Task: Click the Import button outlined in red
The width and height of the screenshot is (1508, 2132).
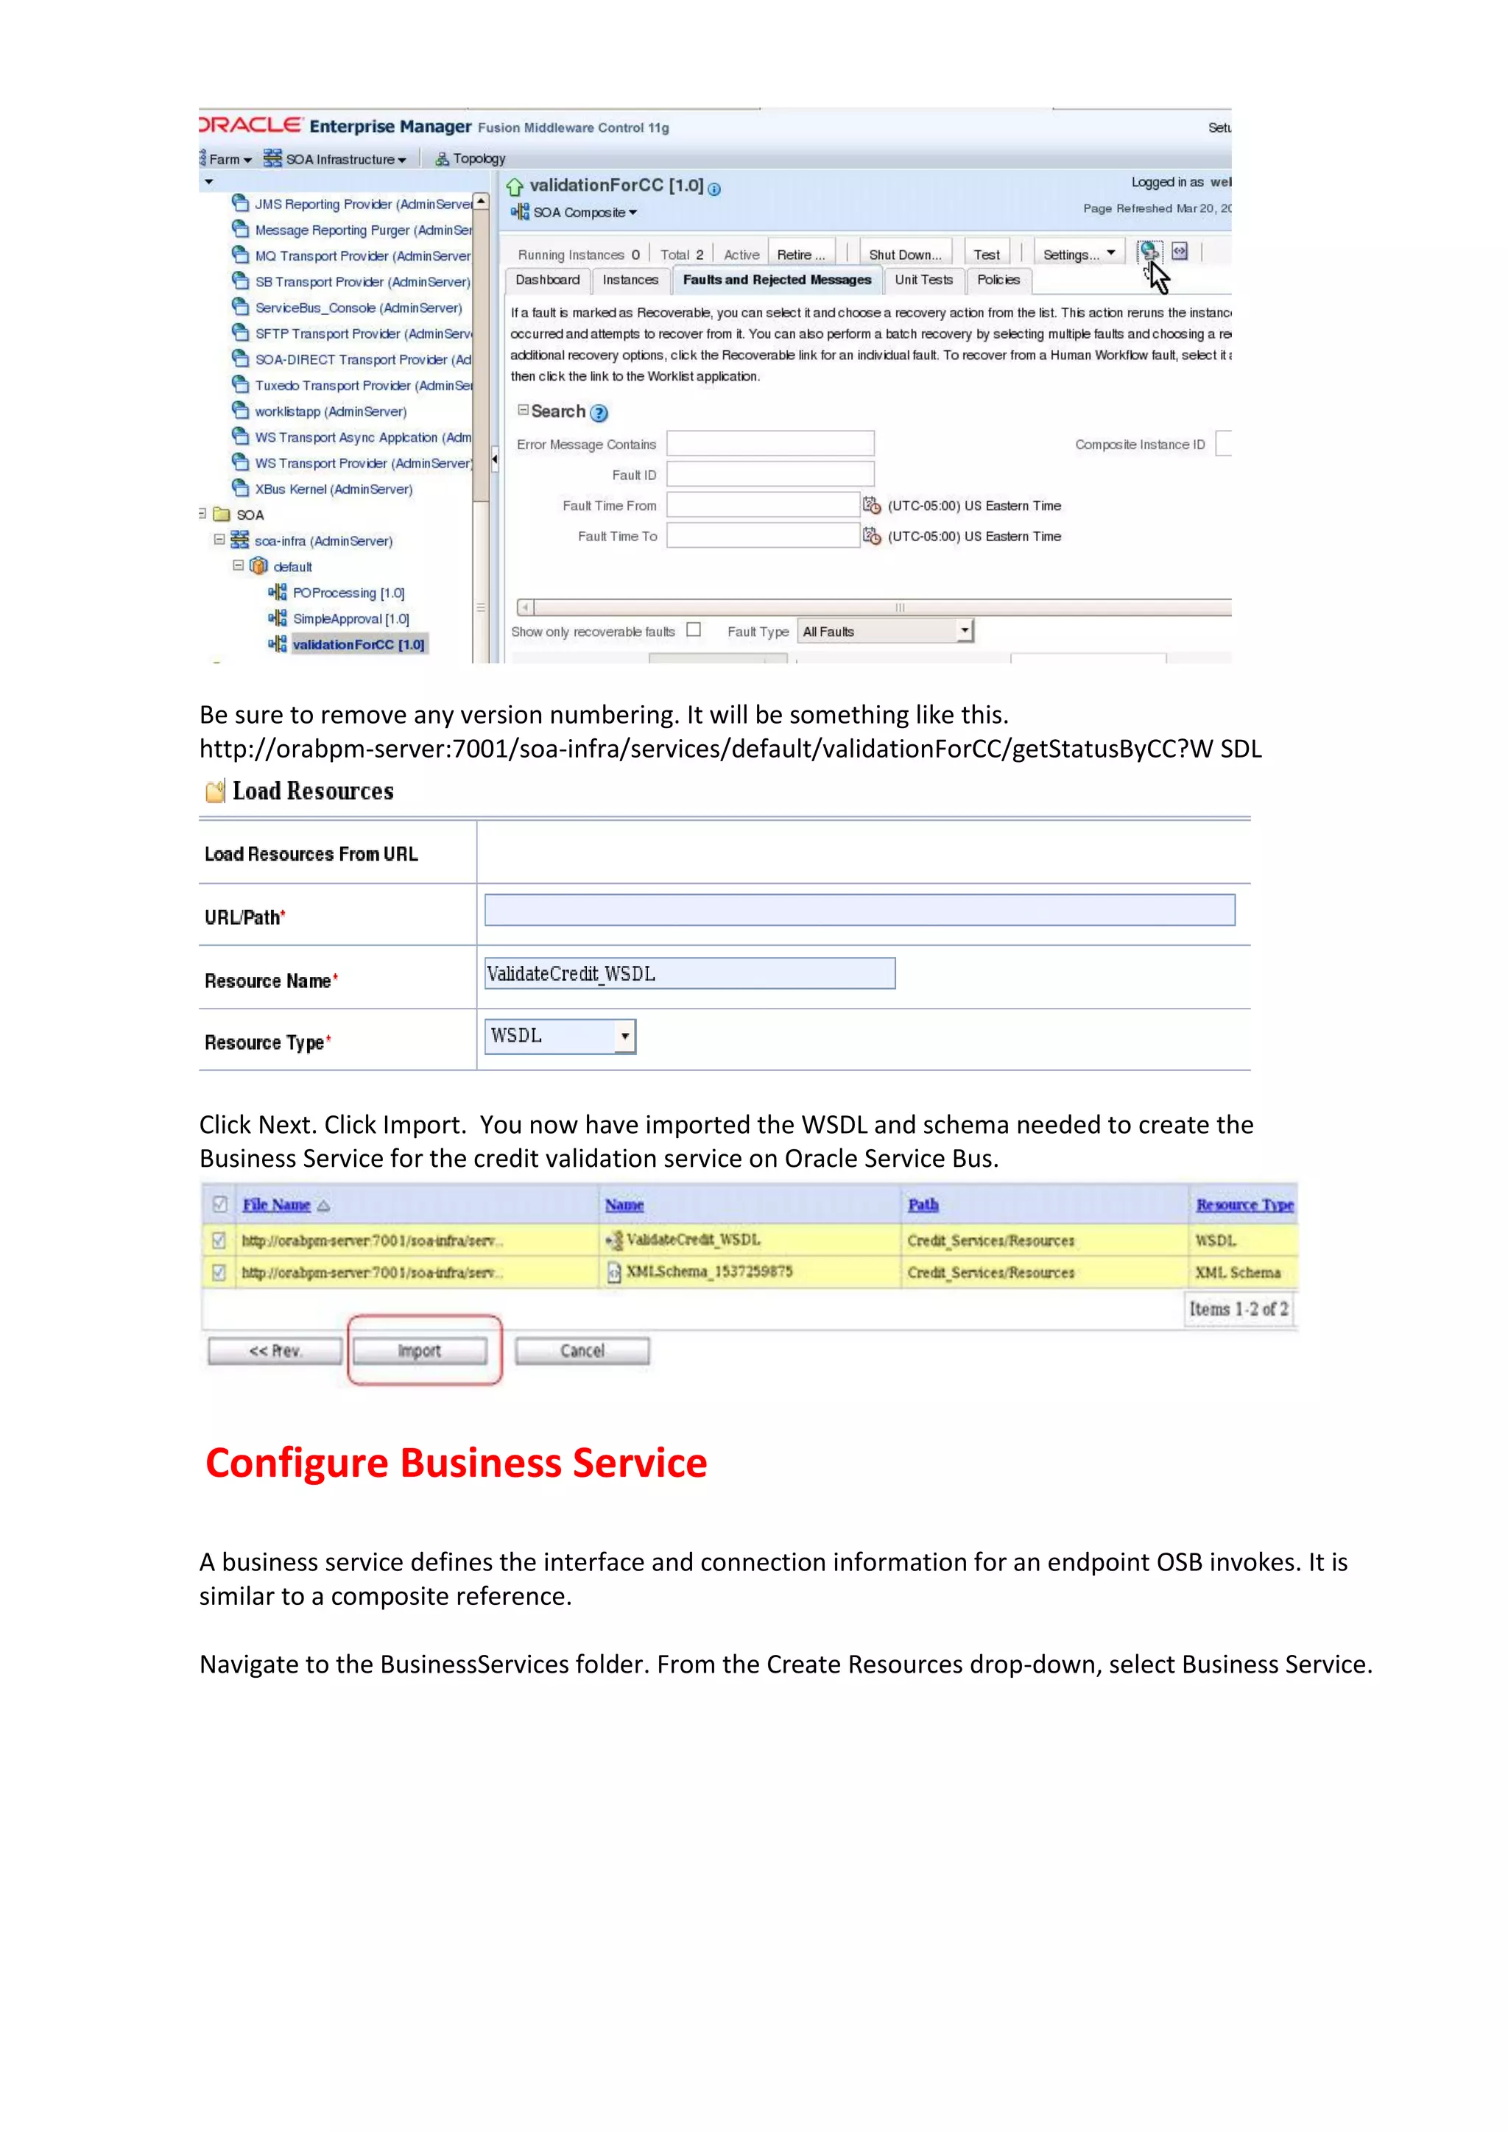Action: click(420, 1351)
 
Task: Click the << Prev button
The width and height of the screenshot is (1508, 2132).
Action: click(275, 1351)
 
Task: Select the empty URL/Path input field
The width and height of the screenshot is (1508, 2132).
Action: click(859, 910)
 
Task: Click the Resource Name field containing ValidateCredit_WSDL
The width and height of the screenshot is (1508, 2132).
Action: click(689, 973)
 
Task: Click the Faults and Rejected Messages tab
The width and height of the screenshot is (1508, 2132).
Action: click(776, 280)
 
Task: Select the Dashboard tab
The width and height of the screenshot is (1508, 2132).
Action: click(547, 280)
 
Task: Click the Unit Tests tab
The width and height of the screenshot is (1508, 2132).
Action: click(923, 280)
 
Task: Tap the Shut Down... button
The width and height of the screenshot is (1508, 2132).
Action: click(904, 255)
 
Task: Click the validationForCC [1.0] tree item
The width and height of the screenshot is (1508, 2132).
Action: click(358, 644)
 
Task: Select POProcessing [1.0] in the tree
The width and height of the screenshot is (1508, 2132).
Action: click(348, 593)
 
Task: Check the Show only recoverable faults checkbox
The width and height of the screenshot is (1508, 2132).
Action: click(694, 629)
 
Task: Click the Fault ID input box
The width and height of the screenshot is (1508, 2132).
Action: click(769, 475)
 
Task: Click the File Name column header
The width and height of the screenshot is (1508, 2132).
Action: click(277, 1204)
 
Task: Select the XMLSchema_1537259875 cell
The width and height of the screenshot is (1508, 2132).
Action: click(708, 1272)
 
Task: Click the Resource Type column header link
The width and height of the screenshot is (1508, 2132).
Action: click(1244, 1204)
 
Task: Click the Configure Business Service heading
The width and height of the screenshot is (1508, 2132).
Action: click(456, 1464)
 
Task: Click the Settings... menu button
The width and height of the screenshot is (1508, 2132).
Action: click(1078, 255)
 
